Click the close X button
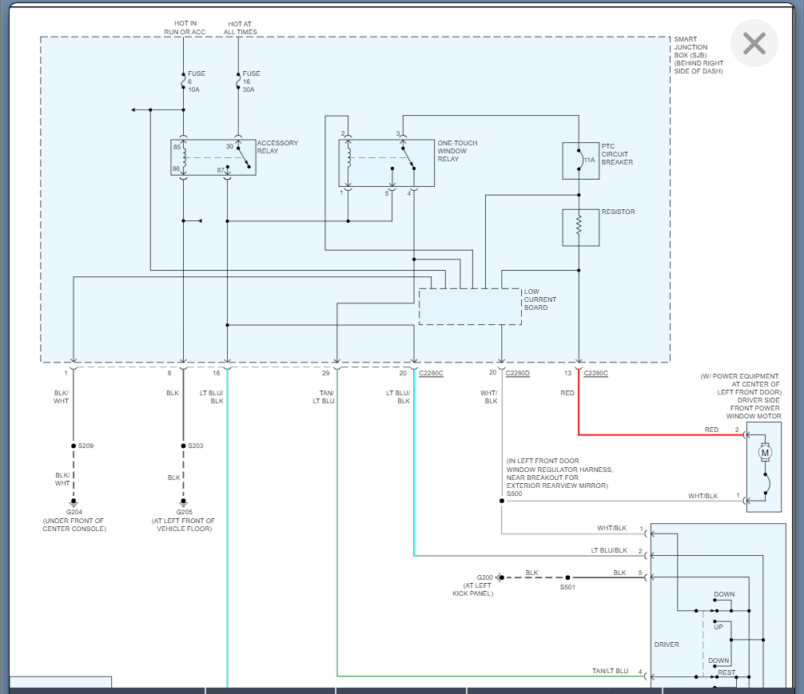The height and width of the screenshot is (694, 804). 754,43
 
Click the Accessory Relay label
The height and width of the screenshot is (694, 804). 277,147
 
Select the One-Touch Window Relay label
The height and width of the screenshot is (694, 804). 457,151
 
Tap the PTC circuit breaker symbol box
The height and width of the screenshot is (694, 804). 580,161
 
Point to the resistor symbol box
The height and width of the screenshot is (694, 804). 580,228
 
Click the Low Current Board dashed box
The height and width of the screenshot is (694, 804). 470,307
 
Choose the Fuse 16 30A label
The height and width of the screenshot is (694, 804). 251,81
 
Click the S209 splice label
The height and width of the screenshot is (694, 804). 86,446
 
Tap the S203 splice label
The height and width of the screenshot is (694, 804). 196,446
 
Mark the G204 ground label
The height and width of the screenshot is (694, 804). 74,512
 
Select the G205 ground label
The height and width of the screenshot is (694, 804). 184,512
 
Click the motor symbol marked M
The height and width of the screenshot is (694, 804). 765,454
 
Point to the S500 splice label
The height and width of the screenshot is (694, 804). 515,494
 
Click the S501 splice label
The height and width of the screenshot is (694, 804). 567,587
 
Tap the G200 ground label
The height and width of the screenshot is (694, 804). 484,577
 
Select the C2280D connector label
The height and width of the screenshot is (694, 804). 518,372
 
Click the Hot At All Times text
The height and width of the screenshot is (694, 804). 240,28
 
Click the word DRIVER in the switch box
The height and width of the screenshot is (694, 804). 667,644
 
